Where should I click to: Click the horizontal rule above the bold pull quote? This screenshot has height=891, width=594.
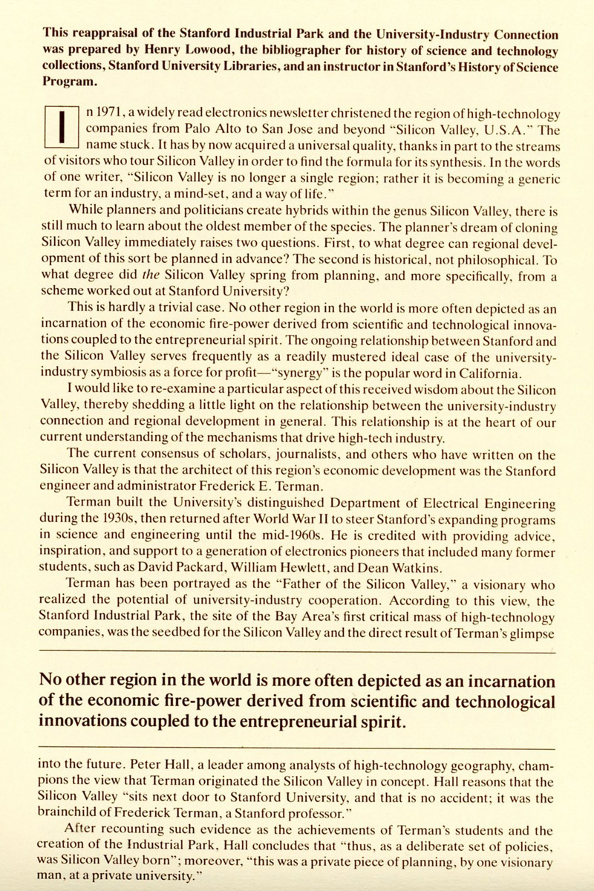tap(297, 651)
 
